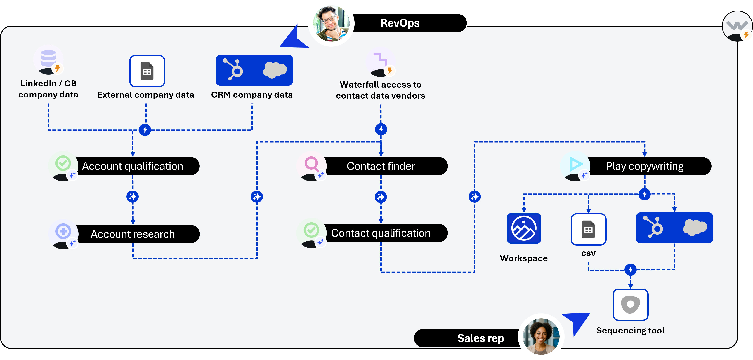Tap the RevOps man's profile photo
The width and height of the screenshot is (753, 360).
(x=331, y=23)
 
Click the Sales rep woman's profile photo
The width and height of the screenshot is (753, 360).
(x=541, y=336)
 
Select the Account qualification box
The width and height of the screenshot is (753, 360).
(x=132, y=166)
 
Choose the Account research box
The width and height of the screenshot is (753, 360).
(x=132, y=234)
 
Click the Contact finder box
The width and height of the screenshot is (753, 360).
(x=381, y=166)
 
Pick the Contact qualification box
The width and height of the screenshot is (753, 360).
(x=381, y=233)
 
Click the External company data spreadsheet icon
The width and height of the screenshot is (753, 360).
(x=147, y=71)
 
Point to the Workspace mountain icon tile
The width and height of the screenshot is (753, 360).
(x=524, y=228)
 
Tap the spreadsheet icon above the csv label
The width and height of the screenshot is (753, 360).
(x=588, y=229)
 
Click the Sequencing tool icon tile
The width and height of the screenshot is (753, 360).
(x=631, y=305)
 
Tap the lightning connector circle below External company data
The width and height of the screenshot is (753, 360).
(x=145, y=130)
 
